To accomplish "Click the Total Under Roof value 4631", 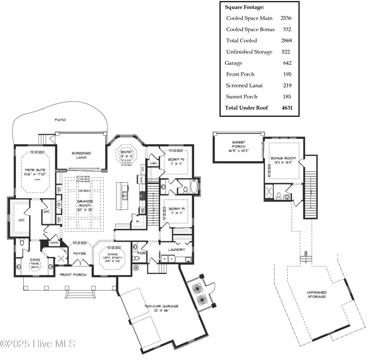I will click(x=287, y=108).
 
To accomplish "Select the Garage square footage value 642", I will click(x=287, y=63).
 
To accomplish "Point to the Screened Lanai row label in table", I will click(x=244, y=85).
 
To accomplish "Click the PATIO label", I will click(x=60, y=120).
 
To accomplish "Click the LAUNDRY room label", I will click(x=176, y=249).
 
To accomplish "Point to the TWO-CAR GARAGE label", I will click(x=162, y=306).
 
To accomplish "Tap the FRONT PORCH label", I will click(x=73, y=275).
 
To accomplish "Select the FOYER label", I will click(x=79, y=254).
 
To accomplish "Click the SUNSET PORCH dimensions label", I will click(x=238, y=151).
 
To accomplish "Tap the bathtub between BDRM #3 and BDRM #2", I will click(x=193, y=187).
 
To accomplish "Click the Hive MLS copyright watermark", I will click(x=37, y=344).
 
